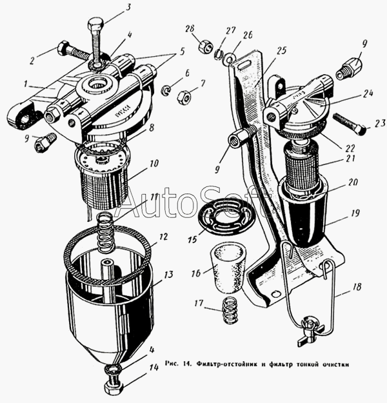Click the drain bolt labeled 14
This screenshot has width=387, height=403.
point(113,388)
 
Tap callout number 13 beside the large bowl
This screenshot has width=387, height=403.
point(169,275)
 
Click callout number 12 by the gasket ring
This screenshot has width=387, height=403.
point(164,237)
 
